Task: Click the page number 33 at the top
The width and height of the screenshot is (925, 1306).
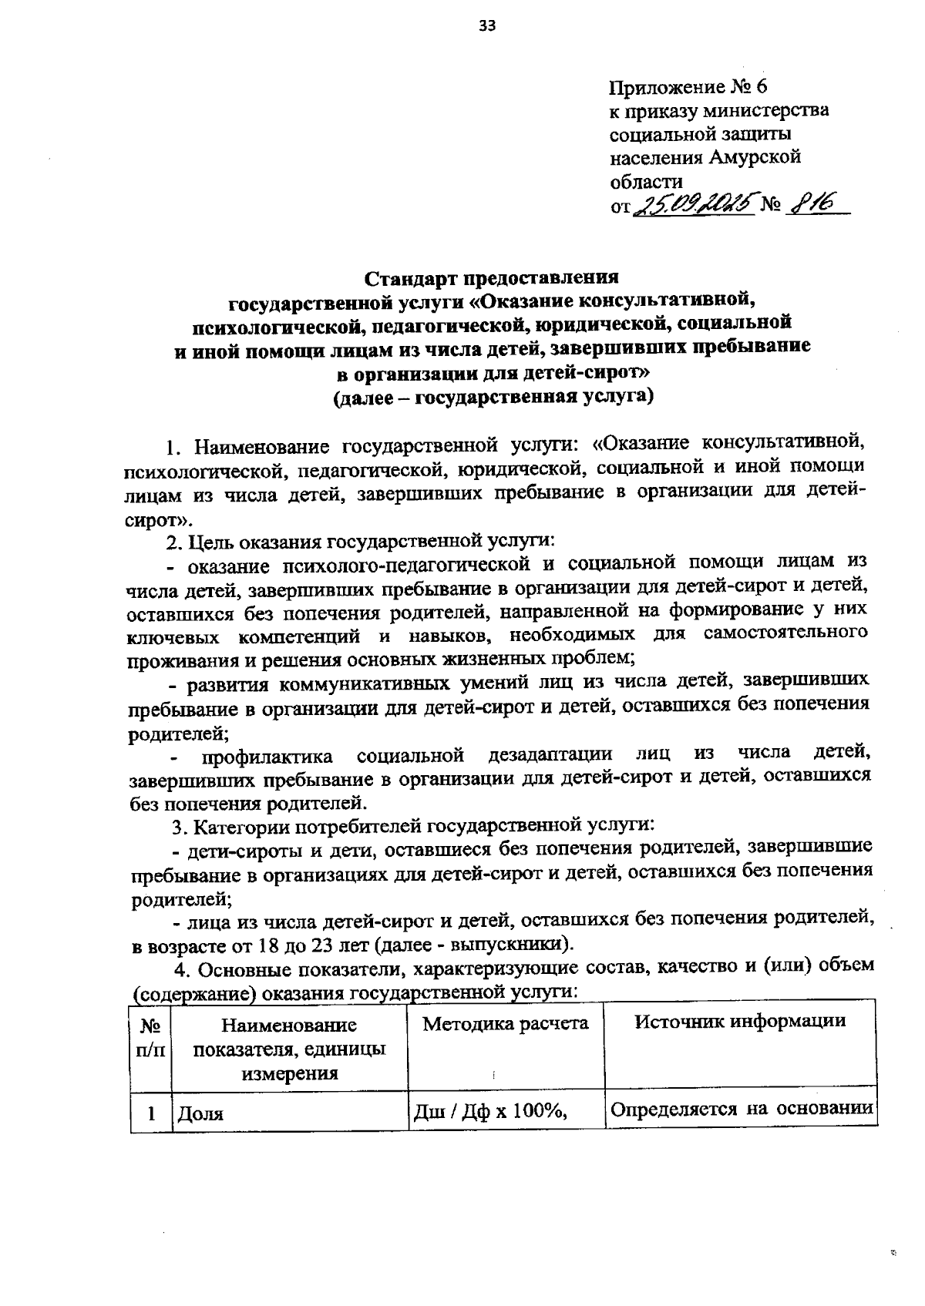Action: tap(486, 26)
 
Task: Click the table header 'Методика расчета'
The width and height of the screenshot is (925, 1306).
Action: tap(506, 1023)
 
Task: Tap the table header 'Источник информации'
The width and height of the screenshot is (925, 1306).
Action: tap(740, 1022)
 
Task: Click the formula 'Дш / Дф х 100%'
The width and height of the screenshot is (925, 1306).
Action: tap(491, 1111)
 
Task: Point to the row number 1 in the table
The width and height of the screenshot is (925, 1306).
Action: tap(152, 1113)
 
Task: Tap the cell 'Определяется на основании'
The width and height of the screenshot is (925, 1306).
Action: tap(741, 1110)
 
